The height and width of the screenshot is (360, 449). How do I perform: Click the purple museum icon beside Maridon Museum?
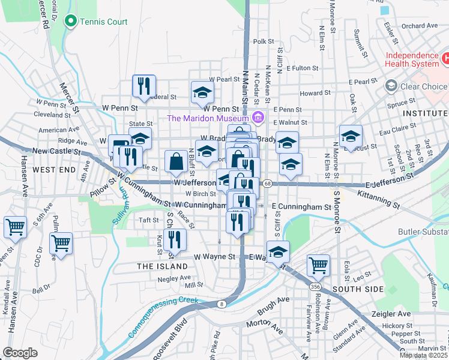(x=259, y=118)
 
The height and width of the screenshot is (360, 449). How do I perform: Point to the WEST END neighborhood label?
(x=54, y=170)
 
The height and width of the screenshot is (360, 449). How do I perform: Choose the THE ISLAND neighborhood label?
(x=162, y=266)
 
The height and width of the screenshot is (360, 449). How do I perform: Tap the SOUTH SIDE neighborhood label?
(x=358, y=289)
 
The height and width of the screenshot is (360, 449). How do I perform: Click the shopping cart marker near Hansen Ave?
(x=15, y=227)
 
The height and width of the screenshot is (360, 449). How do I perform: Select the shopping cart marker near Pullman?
(x=61, y=244)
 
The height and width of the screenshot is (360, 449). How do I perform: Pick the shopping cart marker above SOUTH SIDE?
(x=318, y=265)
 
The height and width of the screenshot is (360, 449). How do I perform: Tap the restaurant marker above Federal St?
(x=144, y=86)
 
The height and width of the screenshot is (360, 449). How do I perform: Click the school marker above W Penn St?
(x=202, y=92)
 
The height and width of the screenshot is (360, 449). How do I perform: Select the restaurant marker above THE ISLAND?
(x=175, y=239)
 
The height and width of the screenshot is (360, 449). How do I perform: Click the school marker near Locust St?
(x=351, y=136)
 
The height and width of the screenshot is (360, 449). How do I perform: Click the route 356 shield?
(x=315, y=287)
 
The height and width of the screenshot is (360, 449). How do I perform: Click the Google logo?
(x=21, y=353)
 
